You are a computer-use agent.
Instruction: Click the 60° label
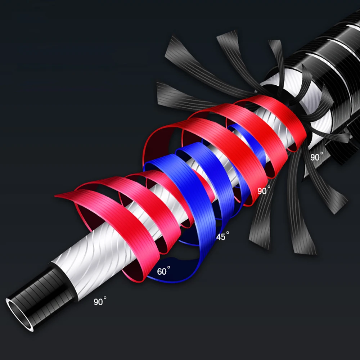[x=163, y=271]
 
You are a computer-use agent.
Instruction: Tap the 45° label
[x=222, y=236]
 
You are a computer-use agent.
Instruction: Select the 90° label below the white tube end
[x=100, y=301]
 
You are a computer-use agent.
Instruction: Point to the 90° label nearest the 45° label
[x=264, y=190]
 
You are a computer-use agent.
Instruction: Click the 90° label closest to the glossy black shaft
[x=316, y=157]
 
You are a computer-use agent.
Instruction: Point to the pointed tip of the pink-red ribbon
[x=55, y=196]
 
